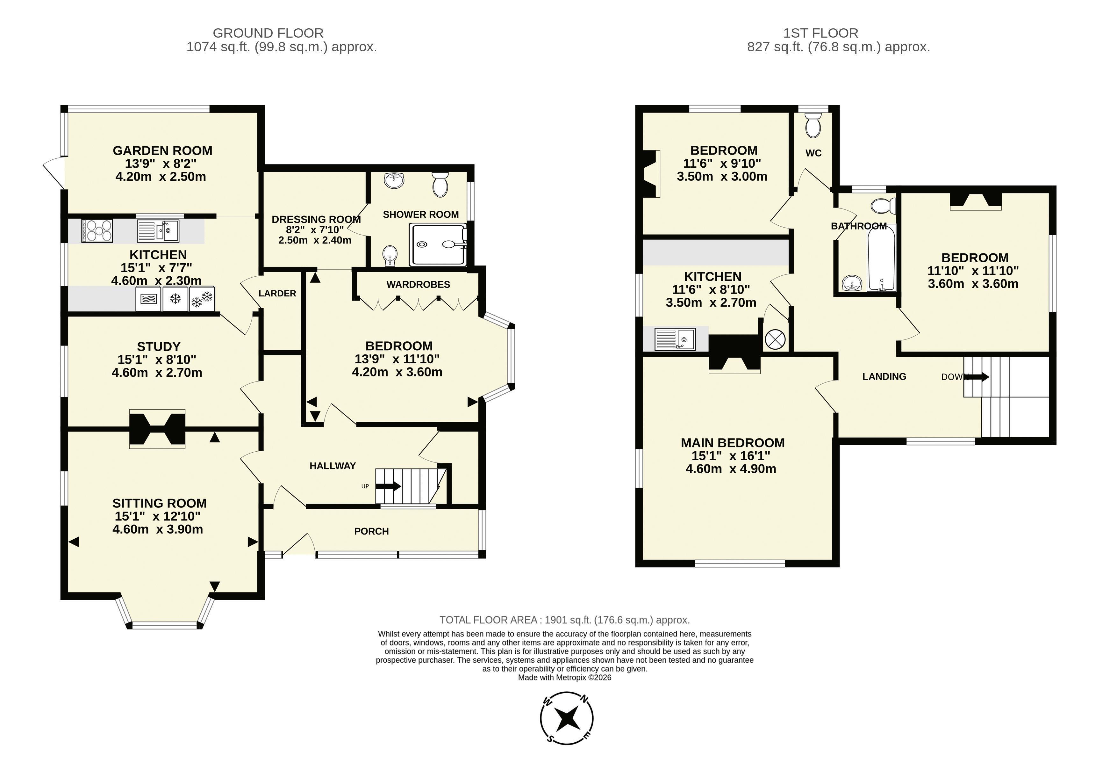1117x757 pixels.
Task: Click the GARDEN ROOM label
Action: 162,150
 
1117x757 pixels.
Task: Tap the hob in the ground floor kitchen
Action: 97,231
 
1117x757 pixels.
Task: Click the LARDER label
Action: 277,293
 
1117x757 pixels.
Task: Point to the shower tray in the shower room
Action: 438,245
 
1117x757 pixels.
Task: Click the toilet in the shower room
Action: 440,184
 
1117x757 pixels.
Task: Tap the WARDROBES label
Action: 418,285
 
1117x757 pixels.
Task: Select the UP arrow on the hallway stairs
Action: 388,486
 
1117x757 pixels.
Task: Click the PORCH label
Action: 371,531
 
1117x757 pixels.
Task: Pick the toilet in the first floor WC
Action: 813,125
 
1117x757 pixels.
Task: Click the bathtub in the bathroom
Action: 882,258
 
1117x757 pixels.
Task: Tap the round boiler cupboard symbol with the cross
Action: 775,339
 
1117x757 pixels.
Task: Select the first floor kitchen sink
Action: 675,339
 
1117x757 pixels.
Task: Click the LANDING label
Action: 884,376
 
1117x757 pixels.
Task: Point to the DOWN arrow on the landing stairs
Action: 976,376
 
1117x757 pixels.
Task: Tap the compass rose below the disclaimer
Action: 567,718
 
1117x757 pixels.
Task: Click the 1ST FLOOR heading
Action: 820,33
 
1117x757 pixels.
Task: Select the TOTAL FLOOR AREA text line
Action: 565,620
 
